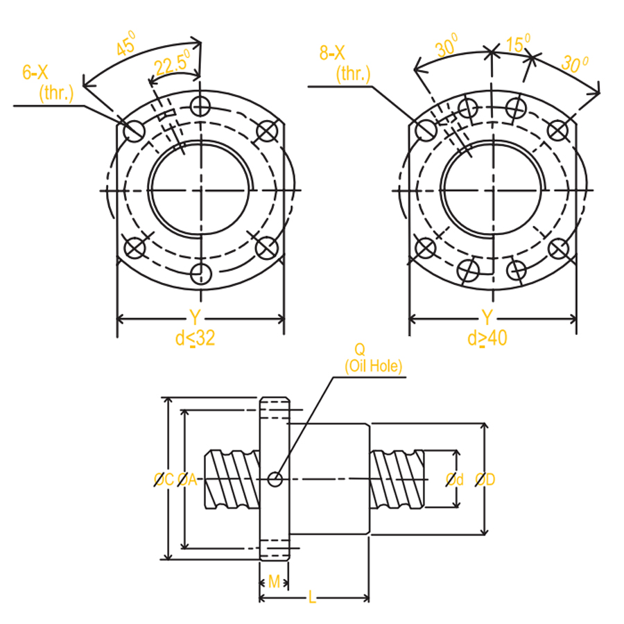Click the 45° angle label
127,47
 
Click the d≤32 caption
195,338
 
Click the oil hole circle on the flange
275,478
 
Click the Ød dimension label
454,479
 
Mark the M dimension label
274,581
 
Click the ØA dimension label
187,479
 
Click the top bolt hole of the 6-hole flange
201,105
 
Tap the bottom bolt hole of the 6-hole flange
201,274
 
